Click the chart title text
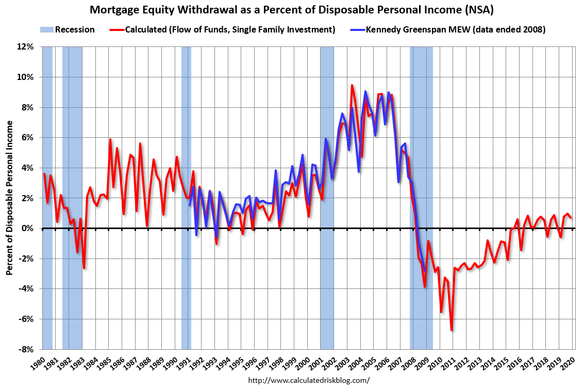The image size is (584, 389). [292, 10]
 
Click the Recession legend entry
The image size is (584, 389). [68, 29]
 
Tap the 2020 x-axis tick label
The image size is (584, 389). [568, 364]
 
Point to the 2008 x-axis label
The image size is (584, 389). [410, 364]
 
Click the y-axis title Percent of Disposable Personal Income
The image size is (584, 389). [10, 198]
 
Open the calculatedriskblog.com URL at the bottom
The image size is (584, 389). [309, 380]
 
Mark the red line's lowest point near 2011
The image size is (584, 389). [452, 330]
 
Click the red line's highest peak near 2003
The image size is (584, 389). [352, 85]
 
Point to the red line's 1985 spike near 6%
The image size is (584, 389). [110, 139]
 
